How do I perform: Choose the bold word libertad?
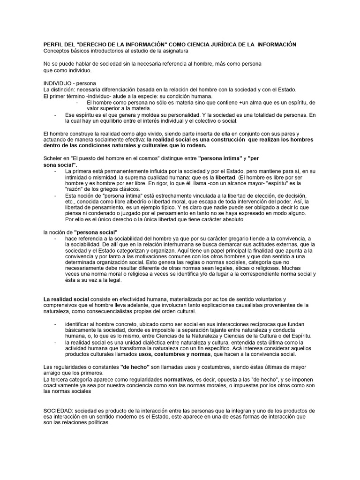pyautogui.click(x=225, y=178)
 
